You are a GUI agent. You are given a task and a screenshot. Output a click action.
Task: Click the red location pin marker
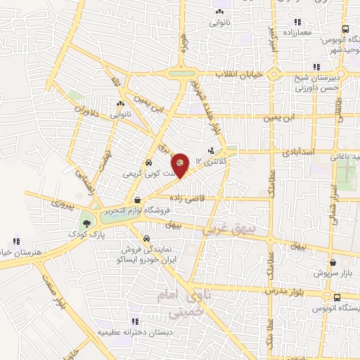click(181, 163)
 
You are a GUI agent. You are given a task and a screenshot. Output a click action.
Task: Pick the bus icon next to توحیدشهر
click(345, 29)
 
